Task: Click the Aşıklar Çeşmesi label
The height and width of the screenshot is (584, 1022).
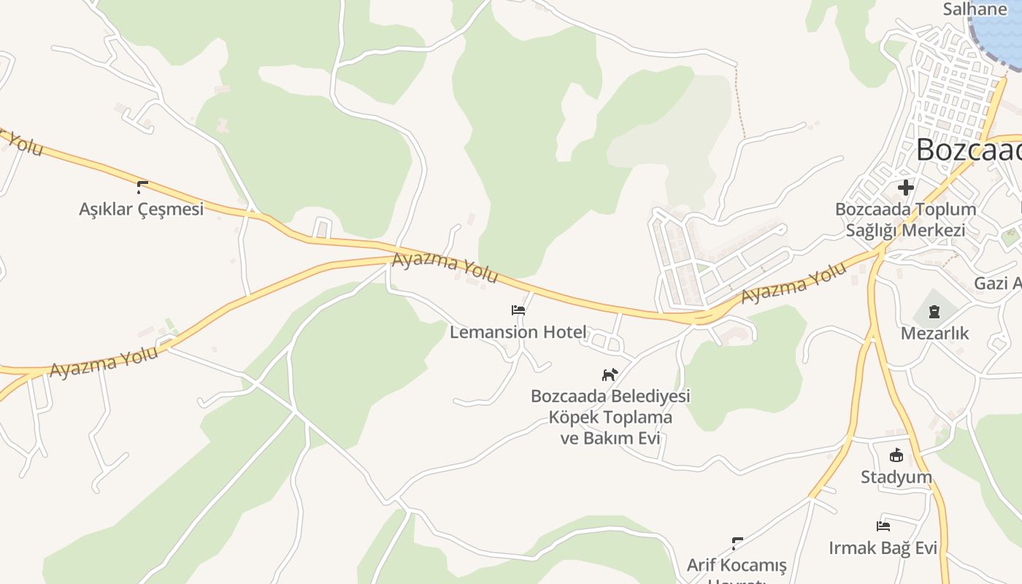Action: [x=141, y=210]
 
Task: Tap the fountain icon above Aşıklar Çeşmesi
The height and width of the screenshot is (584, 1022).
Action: [x=142, y=187]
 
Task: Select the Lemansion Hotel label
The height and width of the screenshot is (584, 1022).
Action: [x=518, y=332]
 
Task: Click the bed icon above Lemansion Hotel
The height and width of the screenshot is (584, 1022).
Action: [x=518, y=310]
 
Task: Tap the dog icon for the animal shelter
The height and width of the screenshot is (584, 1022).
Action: [x=610, y=375]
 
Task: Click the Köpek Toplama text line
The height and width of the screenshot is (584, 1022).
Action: [x=610, y=418]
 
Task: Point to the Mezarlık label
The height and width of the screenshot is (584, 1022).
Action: [x=934, y=334]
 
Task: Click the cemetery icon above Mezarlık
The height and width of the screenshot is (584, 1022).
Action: [x=934, y=312]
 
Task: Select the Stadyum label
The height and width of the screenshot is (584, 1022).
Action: [x=896, y=477]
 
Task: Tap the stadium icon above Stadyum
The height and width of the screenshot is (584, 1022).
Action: [x=896, y=456]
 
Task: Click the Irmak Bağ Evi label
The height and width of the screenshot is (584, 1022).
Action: [x=883, y=547]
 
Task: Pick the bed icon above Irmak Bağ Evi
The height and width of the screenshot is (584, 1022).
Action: [x=883, y=526]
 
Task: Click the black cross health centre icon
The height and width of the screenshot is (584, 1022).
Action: [x=906, y=188]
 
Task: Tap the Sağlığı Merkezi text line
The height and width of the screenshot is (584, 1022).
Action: [x=905, y=231]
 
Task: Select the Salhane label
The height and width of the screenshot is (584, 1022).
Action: [x=975, y=9]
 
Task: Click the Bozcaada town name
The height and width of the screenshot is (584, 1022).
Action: [x=968, y=150]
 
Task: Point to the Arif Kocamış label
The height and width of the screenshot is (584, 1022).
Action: [x=737, y=565]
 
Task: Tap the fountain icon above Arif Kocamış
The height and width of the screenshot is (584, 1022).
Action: [x=737, y=543]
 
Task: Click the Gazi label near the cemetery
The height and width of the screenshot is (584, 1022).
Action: [x=997, y=283]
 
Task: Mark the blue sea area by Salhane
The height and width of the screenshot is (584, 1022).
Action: [x=1000, y=29]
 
